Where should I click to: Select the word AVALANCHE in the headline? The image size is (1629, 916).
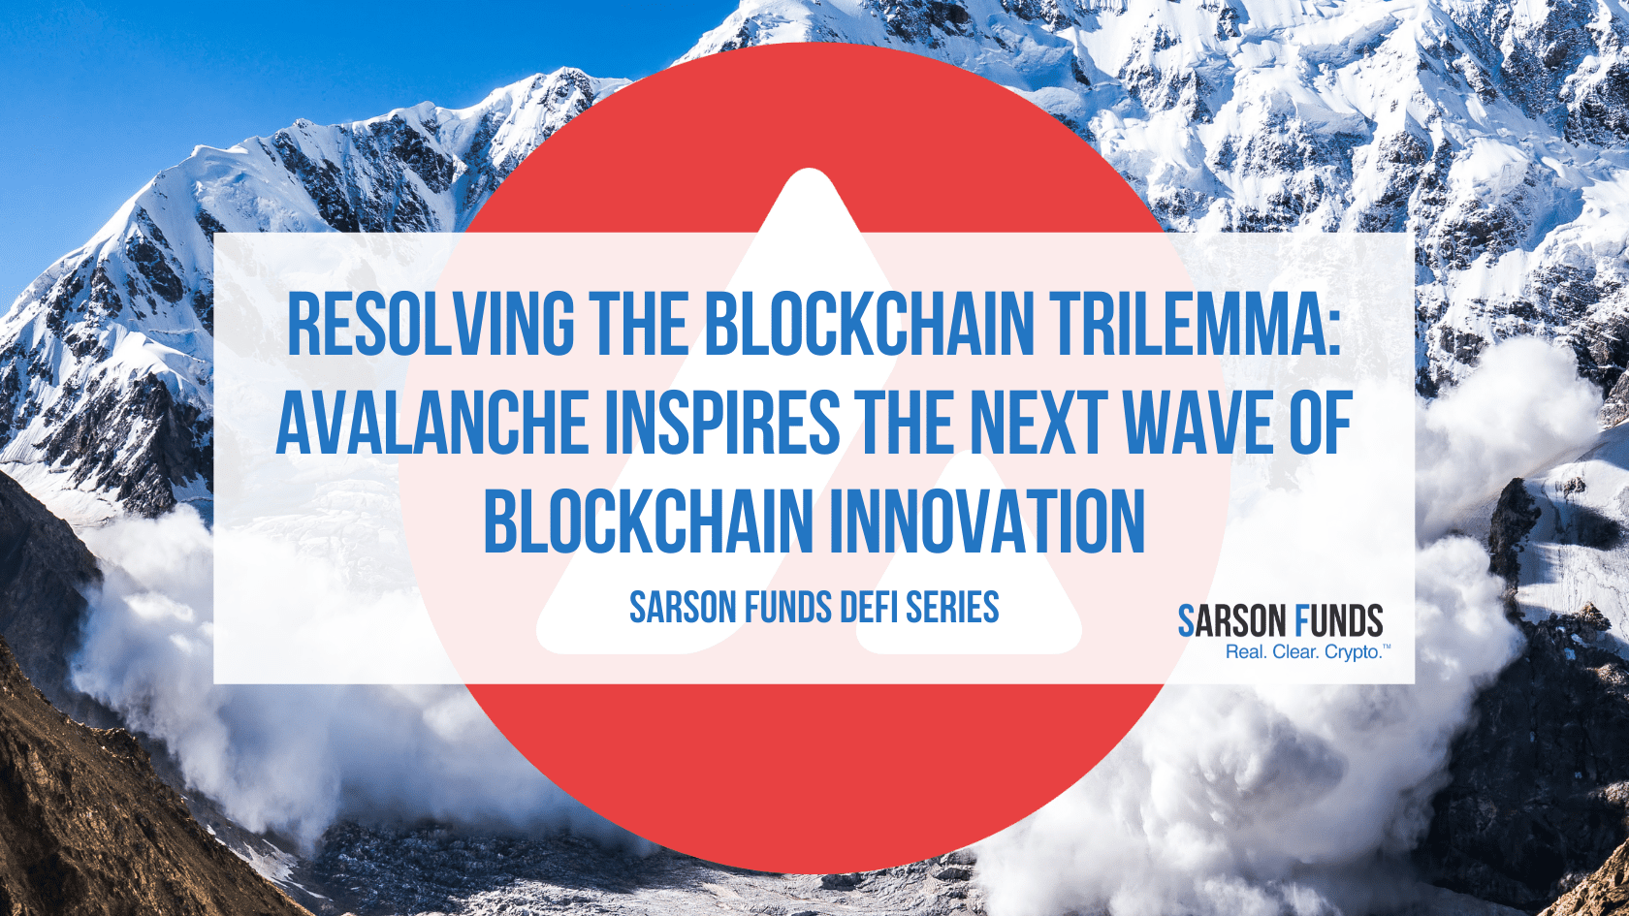(432, 423)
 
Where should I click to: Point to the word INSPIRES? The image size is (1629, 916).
(722, 423)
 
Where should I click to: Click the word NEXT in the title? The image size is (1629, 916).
(1037, 423)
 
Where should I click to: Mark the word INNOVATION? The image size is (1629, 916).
(987, 521)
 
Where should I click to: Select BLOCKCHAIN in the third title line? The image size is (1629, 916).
(648, 521)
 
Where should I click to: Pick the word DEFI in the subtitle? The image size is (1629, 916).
(868, 608)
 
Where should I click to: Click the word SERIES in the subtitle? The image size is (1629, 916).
(951, 608)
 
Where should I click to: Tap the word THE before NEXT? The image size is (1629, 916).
(904, 423)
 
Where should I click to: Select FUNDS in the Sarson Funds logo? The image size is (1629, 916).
(1339, 621)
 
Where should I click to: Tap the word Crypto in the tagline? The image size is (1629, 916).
(1353, 652)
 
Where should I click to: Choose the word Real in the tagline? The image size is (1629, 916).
(1245, 652)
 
